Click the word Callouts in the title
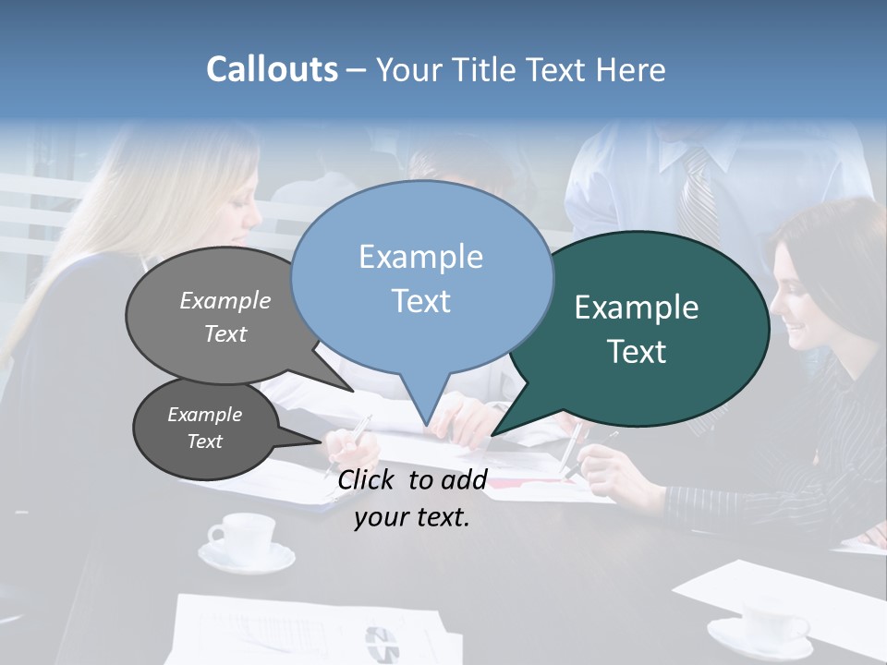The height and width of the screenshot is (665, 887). pos(272,69)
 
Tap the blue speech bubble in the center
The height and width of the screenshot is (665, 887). pos(421,277)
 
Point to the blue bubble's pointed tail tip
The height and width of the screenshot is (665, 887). pos(426,426)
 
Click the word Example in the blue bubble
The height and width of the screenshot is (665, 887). pos(421,257)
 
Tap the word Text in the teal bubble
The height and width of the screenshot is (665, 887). pos(638,352)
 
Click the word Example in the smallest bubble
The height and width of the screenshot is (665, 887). pos(205,415)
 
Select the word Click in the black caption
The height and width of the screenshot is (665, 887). pos(367,479)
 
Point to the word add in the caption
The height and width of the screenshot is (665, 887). pos(464,479)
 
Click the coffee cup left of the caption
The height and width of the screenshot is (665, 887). pos(244,538)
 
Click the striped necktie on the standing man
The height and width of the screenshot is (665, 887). pos(699,199)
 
